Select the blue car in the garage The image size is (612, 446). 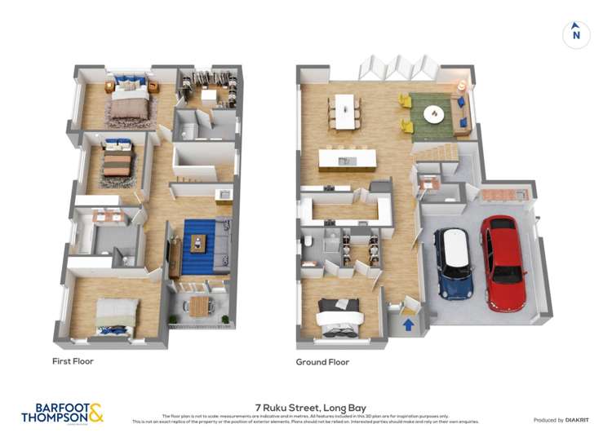(454, 262)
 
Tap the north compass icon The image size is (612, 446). (576, 34)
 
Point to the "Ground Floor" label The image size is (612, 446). (323, 362)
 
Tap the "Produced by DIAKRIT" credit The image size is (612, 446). (561, 420)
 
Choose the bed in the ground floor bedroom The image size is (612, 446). (338, 317)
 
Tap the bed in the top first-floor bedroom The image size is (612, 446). (130, 99)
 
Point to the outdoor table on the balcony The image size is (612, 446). (199, 306)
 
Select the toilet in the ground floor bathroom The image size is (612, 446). (311, 242)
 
